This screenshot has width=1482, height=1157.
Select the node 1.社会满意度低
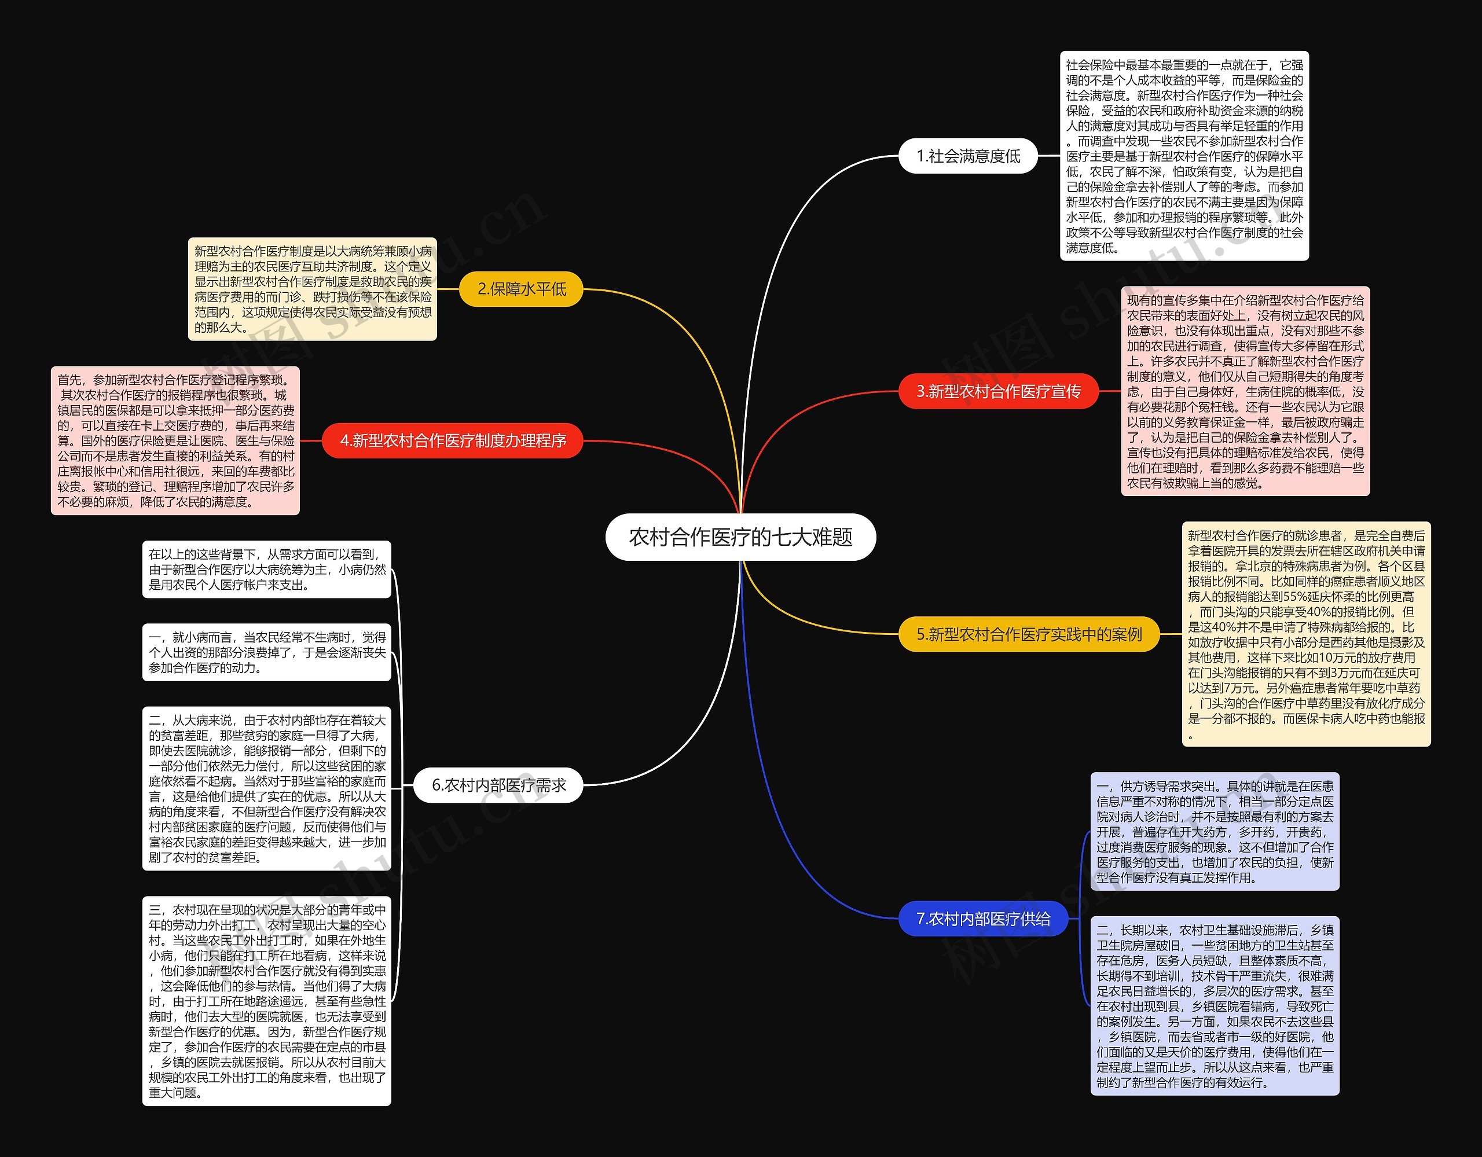969,156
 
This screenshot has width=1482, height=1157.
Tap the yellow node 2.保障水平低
521,289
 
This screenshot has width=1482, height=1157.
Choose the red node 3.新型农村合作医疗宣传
998,391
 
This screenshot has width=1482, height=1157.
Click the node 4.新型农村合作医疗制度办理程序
453,440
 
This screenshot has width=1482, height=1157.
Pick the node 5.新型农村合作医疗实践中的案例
1029,634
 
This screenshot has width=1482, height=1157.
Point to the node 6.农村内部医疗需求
499,785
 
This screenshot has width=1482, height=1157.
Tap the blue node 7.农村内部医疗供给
983,918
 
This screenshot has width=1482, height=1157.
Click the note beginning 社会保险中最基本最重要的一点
1184,156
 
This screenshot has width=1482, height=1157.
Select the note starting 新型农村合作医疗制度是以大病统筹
312,289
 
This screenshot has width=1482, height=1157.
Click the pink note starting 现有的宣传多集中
1245,391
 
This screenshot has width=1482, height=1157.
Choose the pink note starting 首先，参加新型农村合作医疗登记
175,440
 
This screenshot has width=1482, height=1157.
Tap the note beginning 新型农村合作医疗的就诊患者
1305,634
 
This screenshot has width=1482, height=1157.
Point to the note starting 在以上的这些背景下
267,570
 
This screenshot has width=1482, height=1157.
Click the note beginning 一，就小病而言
267,652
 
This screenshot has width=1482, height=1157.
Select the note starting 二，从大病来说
267,788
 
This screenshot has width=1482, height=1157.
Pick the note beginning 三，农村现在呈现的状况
267,1001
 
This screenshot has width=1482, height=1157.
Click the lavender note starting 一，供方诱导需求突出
1215,831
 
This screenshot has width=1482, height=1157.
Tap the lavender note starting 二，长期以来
1215,1006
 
